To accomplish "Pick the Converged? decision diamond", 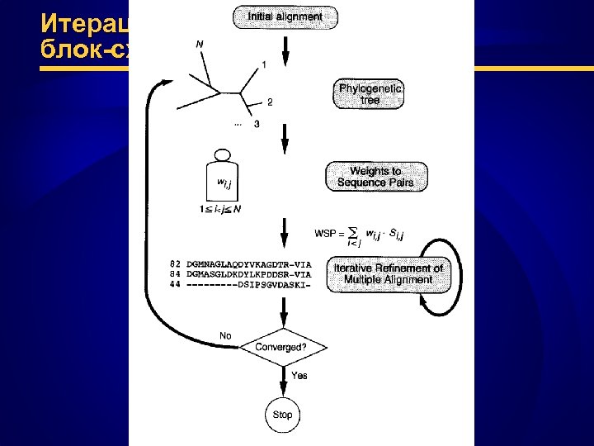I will pyautogui.click(x=280, y=347).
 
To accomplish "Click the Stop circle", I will pyautogui.click(x=282, y=415).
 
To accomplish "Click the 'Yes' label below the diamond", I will pyautogui.click(x=299, y=375).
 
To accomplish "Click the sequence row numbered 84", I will pyautogui.click(x=239, y=274).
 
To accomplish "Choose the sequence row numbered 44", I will pyautogui.click(x=239, y=285).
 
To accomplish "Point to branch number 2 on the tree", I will pyautogui.click(x=269, y=102).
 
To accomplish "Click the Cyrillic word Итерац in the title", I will pyautogui.click(x=87, y=21).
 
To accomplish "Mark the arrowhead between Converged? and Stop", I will pyautogui.click(x=282, y=391).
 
